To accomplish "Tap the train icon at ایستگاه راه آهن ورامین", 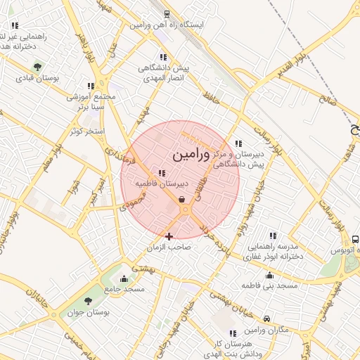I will (167, 13).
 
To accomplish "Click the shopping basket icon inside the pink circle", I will (182, 200).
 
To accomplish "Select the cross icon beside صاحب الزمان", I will (169, 236).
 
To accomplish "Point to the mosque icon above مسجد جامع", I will (124, 278).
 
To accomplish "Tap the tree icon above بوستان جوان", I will (88, 301).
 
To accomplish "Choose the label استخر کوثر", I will (86, 131).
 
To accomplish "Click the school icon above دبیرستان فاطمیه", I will (162, 173).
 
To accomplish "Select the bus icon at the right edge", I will (355, 239).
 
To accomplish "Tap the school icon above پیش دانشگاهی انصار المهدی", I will (163, 57).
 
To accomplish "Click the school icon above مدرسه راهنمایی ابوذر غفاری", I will (273, 236).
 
